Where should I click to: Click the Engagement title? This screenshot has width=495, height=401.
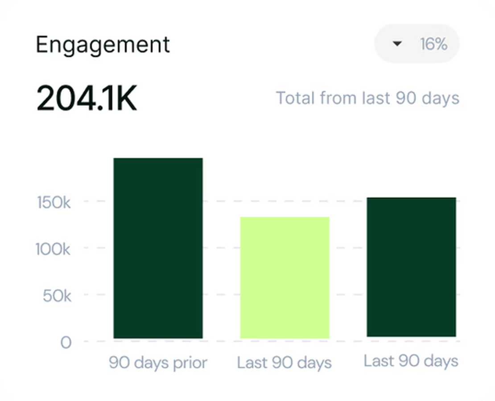point(103,45)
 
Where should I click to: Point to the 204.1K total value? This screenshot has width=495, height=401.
point(87,99)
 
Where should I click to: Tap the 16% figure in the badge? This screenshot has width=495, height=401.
point(433,44)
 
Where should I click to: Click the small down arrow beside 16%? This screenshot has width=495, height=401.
point(397,44)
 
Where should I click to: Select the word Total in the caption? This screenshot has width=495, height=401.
point(295,98)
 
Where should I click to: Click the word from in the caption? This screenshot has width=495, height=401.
point(337,98)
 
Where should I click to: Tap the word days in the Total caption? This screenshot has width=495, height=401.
point(441,98)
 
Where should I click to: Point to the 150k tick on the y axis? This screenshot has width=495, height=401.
point(53,202)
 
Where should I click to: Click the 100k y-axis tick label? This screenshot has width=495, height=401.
point(53,249)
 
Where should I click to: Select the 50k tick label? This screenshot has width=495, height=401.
point(57,296)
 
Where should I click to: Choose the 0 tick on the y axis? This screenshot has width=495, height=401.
point(66,343)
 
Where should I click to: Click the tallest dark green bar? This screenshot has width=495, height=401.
point(158,248)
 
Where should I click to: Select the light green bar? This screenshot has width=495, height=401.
point(285,277)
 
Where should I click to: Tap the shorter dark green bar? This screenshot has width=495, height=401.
point(411,267)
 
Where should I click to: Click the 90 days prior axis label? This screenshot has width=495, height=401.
point(158,363)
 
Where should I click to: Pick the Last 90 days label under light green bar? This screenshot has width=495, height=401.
point(285,363)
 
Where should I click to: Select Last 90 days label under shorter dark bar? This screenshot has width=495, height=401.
point(411,361)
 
